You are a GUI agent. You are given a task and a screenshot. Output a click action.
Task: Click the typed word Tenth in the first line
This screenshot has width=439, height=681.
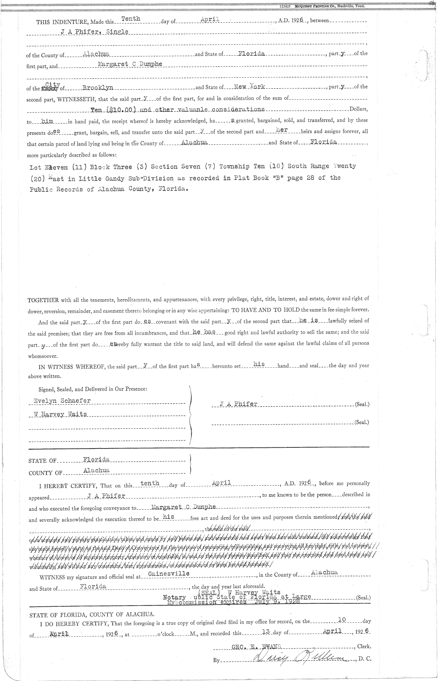point(131,19)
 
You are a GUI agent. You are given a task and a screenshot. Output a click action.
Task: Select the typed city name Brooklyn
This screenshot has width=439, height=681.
point(98,88)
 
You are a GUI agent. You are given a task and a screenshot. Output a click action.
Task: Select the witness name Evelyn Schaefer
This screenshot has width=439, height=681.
point(62,401)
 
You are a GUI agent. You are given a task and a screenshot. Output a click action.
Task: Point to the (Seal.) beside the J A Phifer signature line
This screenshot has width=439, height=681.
point(362,405)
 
